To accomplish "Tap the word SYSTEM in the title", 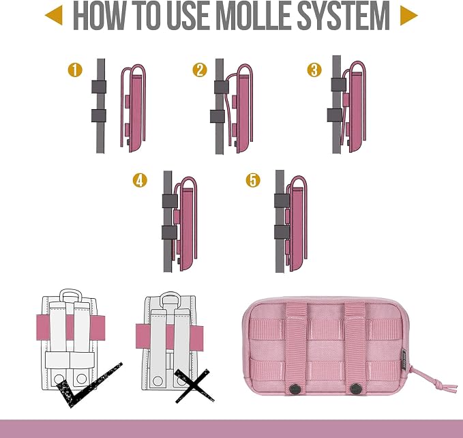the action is click(x=343, y=16).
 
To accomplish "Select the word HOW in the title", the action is click(x=99, y=16).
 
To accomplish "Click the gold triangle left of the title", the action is click(x=54, y=16).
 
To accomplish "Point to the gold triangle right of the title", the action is click(x=408, y=16).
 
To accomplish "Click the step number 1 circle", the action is click(x=75, y=70).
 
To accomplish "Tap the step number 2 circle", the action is click(x=200, y=70).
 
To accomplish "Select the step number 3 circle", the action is click(x=314, y=70).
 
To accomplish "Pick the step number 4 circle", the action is click(x=140, y=180).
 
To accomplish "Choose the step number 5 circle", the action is click(x=253, y=180).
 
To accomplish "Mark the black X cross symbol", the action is click(x=194, y=385).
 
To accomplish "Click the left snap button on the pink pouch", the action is click(x=295, y=389).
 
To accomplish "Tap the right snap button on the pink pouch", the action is click(x=355, y=389).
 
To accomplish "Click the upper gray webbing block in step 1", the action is click(x=99, y=87).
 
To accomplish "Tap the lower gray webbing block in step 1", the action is click(x=99, y=115).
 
